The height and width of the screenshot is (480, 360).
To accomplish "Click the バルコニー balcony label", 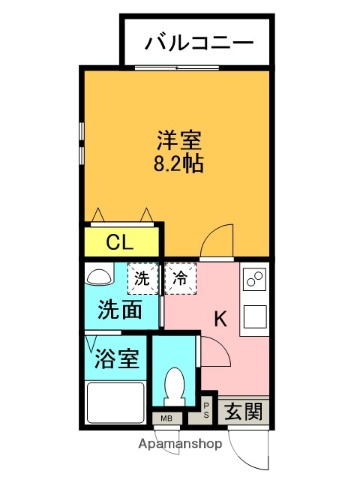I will pyautogui.click(x=196, y=42).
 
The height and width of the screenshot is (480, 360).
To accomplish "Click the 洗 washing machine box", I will pyautogui.click(x=143, y=278).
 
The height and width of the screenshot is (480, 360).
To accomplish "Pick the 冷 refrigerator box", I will pyautogui.click(x=180, y=278).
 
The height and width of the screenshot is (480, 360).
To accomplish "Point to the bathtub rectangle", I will pyautogui.click(x=115, y=403).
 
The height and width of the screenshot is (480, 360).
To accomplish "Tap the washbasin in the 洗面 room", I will pyautogui.click(x=100, y=277).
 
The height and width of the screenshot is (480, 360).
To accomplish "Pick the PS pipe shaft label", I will pyautogui.click(x=206, y=408).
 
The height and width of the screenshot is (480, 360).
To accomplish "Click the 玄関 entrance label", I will pyautogui.click(x=243, y=409).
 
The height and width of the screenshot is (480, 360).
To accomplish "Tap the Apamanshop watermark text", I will pyautogui.click(x=180, y=441).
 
